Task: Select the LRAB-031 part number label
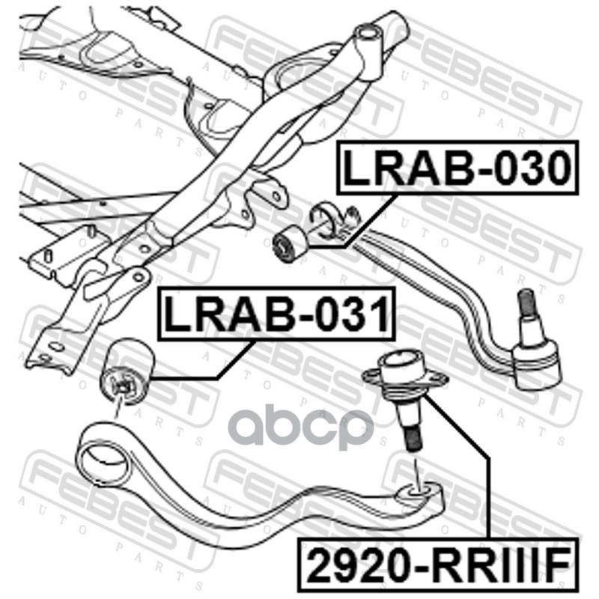(x=276, y=314)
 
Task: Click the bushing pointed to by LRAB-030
(x=288, y=245)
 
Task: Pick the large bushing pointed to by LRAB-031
(x=127, y=371)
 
